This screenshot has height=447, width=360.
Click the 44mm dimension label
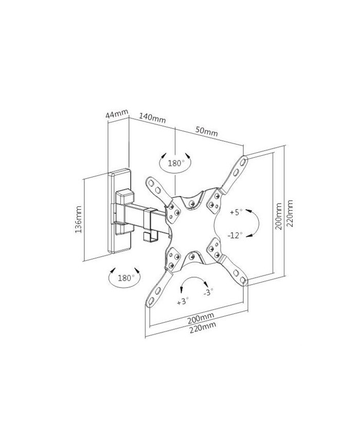[117, 114]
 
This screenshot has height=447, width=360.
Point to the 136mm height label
[78, 219]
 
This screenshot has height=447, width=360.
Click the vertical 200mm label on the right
[279, 216]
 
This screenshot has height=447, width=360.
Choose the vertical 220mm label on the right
[290, 213]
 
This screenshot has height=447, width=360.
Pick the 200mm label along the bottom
[201, 318]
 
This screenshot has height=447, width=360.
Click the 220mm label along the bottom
[203, 327]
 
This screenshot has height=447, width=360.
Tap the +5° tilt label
[236, 212]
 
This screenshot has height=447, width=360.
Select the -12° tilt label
[235, 235]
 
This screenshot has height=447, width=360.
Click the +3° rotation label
[183, 301]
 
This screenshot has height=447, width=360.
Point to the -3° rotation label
[208, 292]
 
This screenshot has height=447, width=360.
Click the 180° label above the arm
[175, 163]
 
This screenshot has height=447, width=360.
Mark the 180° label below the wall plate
[126, 277]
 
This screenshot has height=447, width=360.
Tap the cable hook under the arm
[151, 236]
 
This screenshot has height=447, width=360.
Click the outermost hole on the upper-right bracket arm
[243, 162]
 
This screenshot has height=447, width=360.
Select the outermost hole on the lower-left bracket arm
[151, 300]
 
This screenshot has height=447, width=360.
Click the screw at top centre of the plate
[192, 203]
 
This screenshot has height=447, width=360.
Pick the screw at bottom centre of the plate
[192, 256]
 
